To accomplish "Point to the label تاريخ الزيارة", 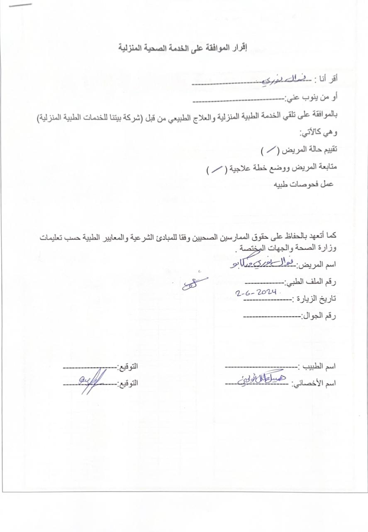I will (315, 299).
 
